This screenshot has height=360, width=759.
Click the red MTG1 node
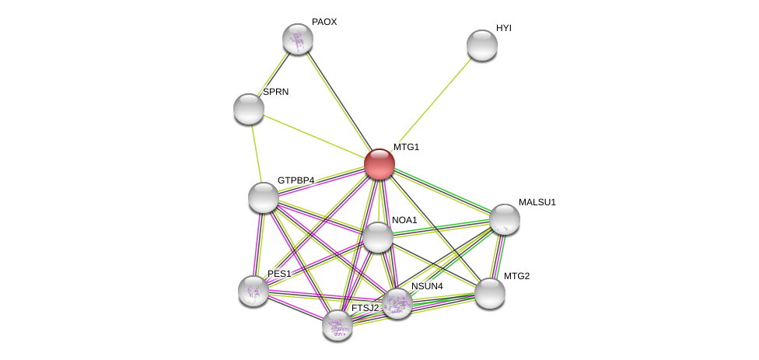[x=379, y=164]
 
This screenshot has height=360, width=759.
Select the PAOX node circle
[x=297, y=39]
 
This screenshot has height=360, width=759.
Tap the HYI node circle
[x=482, y=45]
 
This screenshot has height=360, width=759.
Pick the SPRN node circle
[x=249, y=109]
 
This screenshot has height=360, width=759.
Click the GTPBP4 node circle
[x=264, y=197]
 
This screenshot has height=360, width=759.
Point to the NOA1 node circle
[x=378, y=237]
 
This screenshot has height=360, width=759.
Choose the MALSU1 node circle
[x=505, y=219]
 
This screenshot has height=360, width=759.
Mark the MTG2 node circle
[x=490, y=293]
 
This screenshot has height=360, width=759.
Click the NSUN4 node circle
[x=397, y=303]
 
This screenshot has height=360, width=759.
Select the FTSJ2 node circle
[x=338, y=325]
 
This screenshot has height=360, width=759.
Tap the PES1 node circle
[x=254, y=291]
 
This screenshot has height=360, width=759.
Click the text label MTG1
[x=406, y=147]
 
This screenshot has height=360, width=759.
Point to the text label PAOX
[x=324, y=22]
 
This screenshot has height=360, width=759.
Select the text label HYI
[x=504, y=28]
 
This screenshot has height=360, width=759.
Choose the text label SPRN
[x=275, y=92]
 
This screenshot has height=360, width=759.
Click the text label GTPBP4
[x=296, y=180]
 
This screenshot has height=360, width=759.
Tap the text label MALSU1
[x=537, y=202]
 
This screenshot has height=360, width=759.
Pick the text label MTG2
[x=516, y=276]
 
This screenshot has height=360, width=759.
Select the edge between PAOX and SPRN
[x=273, y=74]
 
